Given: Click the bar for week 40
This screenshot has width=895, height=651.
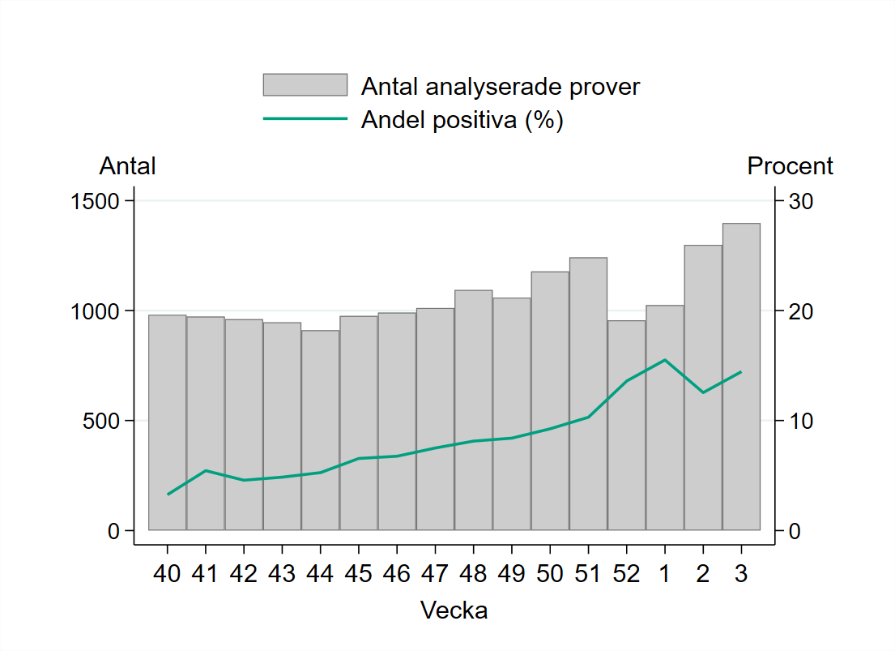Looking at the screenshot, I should [x=168, y=422].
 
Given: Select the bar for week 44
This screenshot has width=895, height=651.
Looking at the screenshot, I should [x=320, y=430].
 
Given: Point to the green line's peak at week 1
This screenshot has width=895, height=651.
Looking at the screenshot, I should [x=664, y=360].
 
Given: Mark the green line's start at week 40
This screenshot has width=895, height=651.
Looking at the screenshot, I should [x=168, y=494].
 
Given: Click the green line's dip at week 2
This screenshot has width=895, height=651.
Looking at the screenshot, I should [x=703, y=392].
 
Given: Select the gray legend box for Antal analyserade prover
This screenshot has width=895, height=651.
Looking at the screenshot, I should [x=305, y=85].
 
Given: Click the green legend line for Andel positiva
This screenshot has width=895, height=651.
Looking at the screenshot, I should [x=305, y=119].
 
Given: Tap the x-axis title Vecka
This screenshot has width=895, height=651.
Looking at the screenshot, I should [x=454, y=610].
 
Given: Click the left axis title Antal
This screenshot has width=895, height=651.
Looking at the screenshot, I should [x=127, y=166].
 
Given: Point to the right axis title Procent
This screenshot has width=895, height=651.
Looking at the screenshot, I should [x=790, y=166].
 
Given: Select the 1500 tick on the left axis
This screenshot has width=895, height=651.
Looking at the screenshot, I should [x=96, y=201].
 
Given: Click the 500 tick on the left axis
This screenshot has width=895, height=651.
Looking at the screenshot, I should [x=102, y=421].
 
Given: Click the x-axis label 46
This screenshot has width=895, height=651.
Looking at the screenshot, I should [x=396, y=573].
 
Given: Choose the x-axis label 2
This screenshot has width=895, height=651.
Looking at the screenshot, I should [x=702, y=573].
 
